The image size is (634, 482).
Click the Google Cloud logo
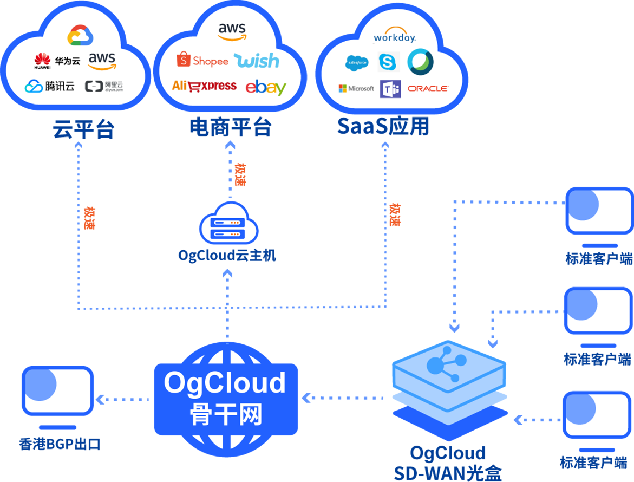(80, 36)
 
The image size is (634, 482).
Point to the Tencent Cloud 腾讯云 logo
(49, 86)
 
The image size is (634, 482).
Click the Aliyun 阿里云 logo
(104, 86)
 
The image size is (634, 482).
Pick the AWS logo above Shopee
(232, 31)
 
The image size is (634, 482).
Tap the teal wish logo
(256, 61)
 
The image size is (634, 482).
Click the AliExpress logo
(204, 86)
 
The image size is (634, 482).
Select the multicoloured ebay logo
(265, 87)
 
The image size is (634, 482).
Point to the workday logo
(395, 37)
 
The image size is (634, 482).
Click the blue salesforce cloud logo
(357, 63)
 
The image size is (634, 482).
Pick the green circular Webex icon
(420, 61)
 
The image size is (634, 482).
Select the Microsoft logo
(356, 88)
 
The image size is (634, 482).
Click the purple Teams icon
(390, 88)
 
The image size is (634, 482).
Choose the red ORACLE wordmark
(428, 88)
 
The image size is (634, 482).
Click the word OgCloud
(225, 383)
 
